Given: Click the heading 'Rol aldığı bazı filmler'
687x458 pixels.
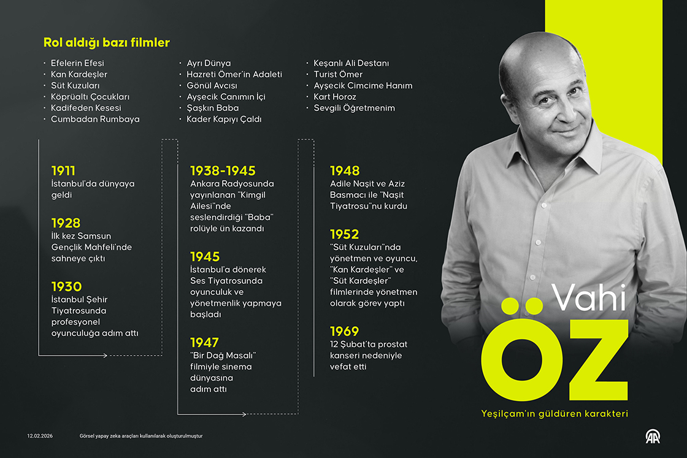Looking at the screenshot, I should tap(106, 43).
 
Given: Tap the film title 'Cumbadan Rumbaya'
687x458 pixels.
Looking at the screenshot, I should tap(95, 119).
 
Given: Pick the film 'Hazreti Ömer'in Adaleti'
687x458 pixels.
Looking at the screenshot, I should tap(234, 74).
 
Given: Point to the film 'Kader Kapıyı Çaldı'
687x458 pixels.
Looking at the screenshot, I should tap(224, 119).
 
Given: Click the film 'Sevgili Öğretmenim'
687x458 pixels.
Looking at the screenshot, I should tap(354, 108).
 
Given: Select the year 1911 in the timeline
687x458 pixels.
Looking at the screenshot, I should tap(63, 170).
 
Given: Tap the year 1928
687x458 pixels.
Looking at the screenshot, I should tap(66, 223).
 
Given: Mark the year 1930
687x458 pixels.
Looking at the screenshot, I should tap(66, 286).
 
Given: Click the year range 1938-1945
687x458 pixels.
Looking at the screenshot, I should tap(223, 170).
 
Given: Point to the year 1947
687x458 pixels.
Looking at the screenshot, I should tap(204, 342).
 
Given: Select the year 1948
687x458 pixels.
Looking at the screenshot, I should tap(345, 170).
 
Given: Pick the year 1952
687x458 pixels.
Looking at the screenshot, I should tap(344, 234).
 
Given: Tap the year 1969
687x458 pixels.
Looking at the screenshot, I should tap(344, 331).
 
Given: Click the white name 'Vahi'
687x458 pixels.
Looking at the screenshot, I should tap(589, 297).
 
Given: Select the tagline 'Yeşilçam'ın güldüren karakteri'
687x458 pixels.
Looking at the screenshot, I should tap(555, 414).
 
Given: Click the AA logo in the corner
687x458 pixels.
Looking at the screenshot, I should tap(651, 437).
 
